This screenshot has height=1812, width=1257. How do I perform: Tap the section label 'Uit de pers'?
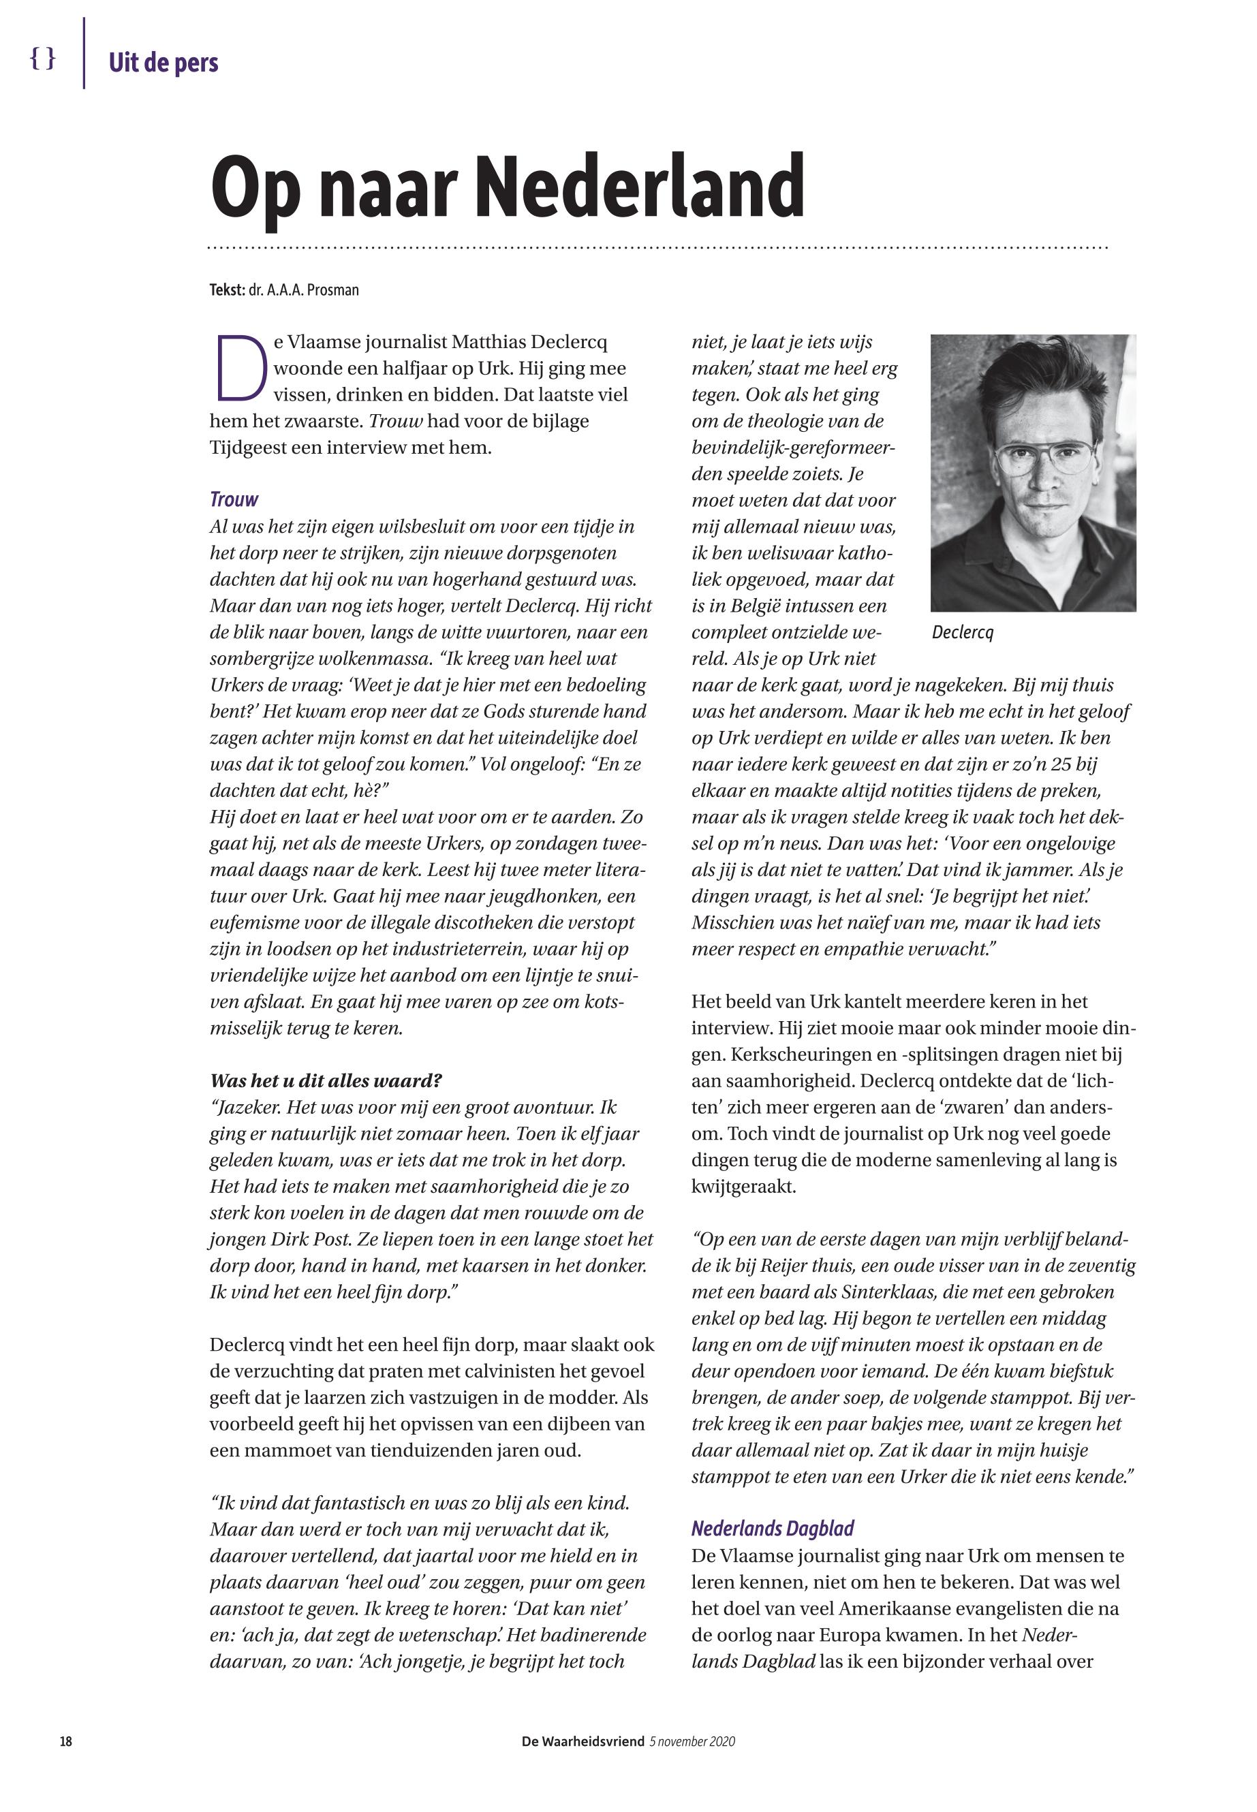click(x=163, y=62)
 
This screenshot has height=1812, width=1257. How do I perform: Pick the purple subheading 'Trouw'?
click(x=234, y=499)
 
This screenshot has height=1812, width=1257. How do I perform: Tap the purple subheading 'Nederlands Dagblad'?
click(x=772, y=1529)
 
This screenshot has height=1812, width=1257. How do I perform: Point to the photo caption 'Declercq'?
click(x=963, y=632)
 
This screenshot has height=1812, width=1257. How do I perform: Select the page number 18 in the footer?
click(x=66, y=1741)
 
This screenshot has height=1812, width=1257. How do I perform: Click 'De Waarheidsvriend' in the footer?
click(x=582, y=1741)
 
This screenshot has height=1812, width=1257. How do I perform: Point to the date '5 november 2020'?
click(x=692, y=1741)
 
